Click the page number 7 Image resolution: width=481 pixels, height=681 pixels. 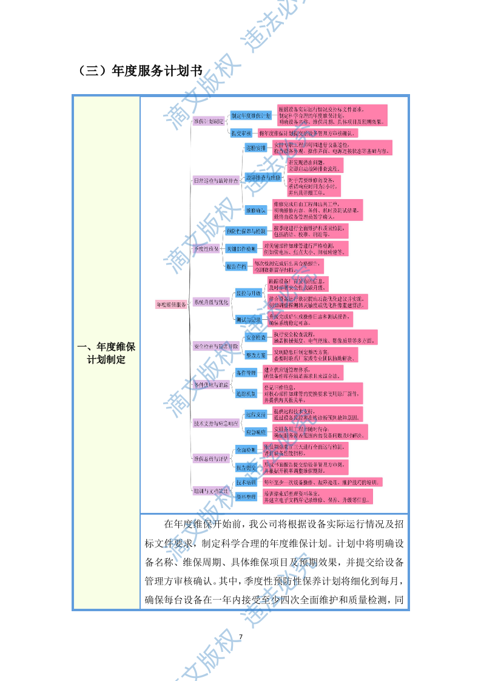pyautogui.click(x=241, y=637)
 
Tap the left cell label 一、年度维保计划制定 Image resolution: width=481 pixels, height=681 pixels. pyautogui.click(x=106, y=353)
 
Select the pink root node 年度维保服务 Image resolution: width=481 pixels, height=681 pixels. pyautogui.click(x=171, y=304)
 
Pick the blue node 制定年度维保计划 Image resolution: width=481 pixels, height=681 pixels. pyautogui.click(x=251, y=115)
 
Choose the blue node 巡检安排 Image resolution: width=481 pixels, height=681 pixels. pyautogui.click(x=255, y=147)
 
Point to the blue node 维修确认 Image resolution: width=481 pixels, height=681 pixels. pyautogui.click(x=255, y=210)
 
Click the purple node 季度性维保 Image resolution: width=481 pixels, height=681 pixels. pyautogui.click(x=206, y=249)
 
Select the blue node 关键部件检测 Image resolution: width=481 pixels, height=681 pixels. pyautogui.click(x=241, y=249)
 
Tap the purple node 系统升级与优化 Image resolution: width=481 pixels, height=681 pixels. pyautogui.click(x=211, y=302)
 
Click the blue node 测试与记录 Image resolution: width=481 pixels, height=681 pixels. pyautogui.click(x=248, y=319)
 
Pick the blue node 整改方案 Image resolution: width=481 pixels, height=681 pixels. pyautogui.click(x=255, y=354)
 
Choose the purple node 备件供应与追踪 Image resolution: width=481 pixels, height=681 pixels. pyautogui.click(x=211, y=385)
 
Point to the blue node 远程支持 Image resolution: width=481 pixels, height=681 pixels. pyautogui.click(x=255, y=415)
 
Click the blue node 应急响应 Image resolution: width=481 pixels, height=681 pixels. pyautogui.click(x=255, y=432)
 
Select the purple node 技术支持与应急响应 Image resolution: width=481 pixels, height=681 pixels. pyautogui.click(x=215, y=423)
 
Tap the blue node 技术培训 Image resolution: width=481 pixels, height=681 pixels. pyautogui.click(x=246, y=481)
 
